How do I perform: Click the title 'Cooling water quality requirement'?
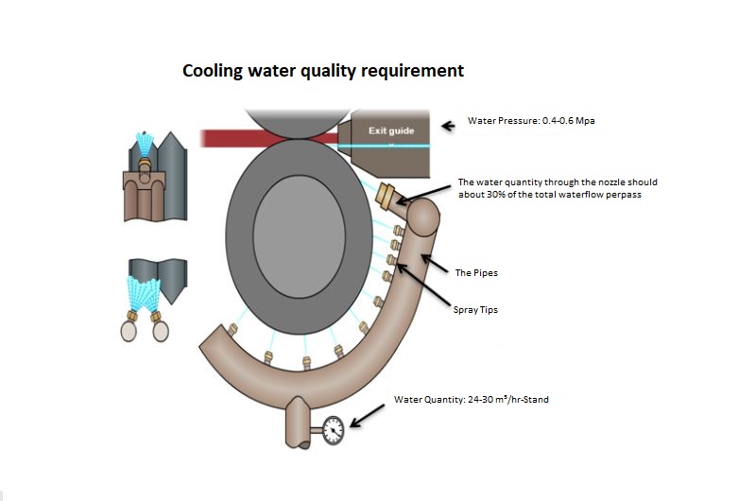point(322,71)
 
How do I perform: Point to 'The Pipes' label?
point(476,273)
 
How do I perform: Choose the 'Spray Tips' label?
point(478,309)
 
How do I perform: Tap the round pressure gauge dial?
point(333,431)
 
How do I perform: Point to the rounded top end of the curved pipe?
point(422,220)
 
